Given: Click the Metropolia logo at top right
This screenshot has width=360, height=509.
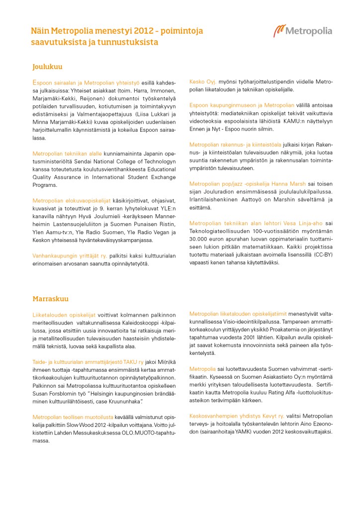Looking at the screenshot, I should click(x=302, y=31).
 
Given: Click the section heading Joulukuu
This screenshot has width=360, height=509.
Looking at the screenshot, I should click(x=47, y=66).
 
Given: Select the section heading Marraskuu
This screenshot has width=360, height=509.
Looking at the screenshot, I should click(x=50, y=299).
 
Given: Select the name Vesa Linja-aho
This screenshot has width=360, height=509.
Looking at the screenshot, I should click(x=299, y=223).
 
